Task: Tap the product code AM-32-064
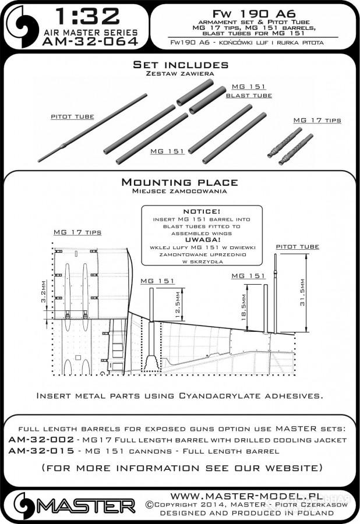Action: point(90,41)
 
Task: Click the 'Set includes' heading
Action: point(180,65)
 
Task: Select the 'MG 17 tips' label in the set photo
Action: point(317,120)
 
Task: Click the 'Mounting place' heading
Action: point(180,182)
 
